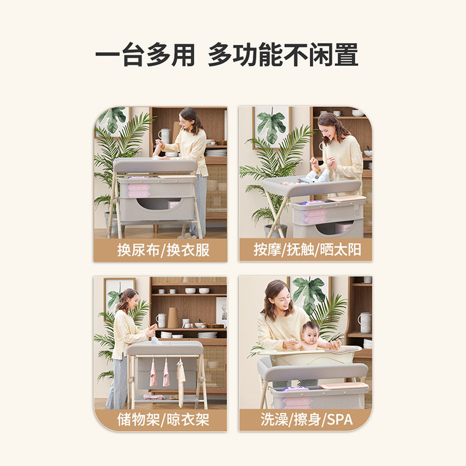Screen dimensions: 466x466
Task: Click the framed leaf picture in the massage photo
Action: (272, 125)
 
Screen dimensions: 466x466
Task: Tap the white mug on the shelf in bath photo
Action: (365, 322)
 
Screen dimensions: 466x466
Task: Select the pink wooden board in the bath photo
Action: (344, 385)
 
